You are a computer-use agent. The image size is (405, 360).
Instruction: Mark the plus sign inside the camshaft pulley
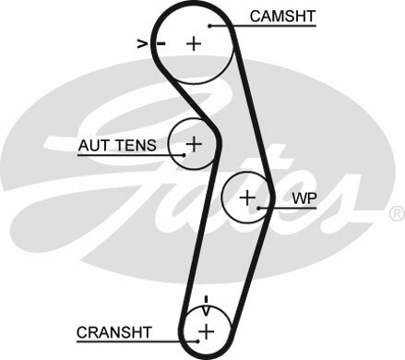pos(194,42)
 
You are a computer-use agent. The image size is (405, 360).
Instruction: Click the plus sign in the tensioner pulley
pos(194,144)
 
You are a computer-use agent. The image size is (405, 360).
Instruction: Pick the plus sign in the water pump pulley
pos(247,197)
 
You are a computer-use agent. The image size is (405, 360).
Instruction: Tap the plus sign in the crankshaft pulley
pos(207,330)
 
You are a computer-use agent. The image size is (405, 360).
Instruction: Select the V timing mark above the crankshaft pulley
pos(207,301)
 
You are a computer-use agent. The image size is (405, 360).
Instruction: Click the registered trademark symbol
pos(397,213)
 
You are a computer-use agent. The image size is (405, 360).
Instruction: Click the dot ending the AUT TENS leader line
pos(184,154)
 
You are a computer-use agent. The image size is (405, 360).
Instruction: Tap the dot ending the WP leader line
pos(261,209)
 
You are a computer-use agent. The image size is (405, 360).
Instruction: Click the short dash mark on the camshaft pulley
pos(161,42)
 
